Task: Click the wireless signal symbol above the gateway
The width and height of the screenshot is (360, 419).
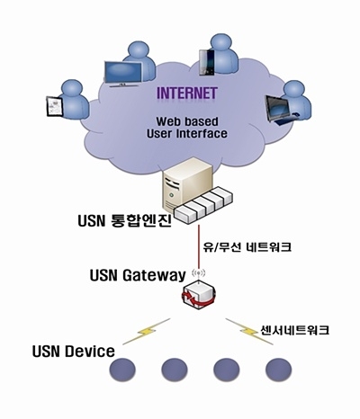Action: point(198,272)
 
